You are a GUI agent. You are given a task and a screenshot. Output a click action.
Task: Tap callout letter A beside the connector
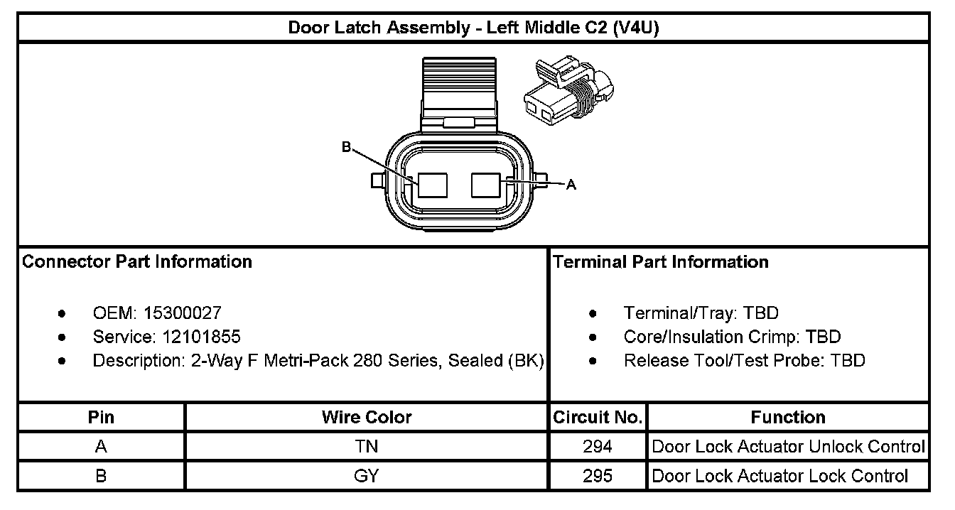571,185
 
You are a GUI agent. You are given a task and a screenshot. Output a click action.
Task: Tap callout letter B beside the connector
346,147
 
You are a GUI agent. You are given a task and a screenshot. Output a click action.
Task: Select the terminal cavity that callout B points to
432,185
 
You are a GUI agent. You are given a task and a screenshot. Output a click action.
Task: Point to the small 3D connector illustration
568,92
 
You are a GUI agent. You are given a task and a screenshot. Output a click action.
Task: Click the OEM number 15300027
182,313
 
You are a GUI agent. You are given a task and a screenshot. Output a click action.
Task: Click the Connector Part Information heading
137,262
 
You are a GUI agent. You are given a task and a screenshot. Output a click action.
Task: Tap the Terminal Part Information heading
661,262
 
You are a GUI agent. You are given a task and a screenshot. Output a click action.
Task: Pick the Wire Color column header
367,417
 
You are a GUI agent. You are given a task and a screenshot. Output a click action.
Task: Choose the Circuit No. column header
598,417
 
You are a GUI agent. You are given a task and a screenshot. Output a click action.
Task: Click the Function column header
788,417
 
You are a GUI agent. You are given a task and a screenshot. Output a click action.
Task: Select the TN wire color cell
367,447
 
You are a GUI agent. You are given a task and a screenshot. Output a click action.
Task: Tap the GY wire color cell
367,476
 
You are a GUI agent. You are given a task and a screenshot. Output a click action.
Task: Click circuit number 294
598,447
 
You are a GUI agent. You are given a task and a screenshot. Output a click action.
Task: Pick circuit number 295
598,476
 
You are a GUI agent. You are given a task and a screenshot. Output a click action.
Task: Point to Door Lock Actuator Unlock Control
788,447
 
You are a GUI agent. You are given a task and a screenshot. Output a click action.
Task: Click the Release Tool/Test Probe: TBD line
744,361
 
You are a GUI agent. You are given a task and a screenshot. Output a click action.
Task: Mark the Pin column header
101,417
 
